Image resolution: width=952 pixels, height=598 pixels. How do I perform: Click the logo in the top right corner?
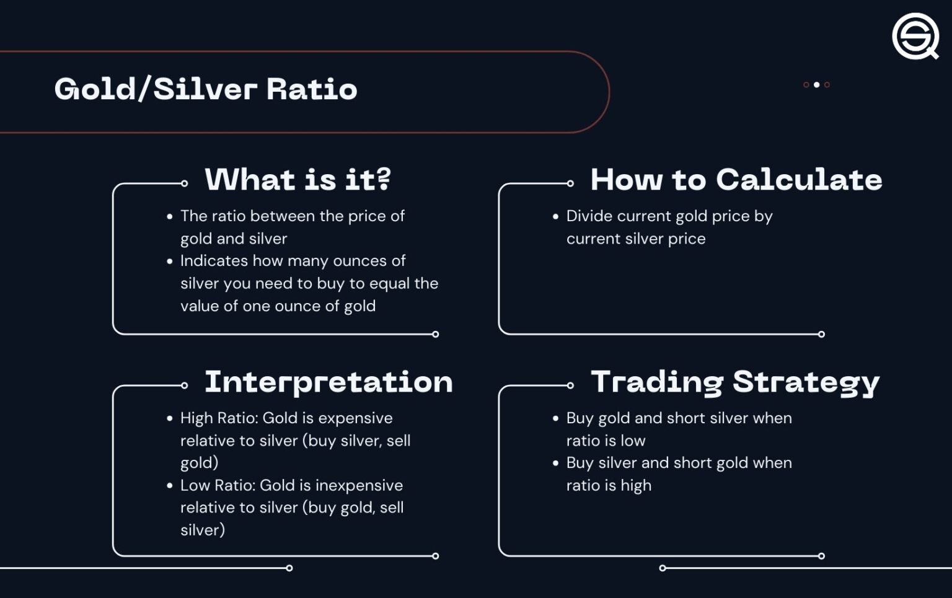pyautogui.click(x=915, y=37)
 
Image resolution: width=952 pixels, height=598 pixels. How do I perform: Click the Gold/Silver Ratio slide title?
pyautogui.click(x=206, y=89)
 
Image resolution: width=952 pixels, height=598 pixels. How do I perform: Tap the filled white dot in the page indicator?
pyautogui.click(x=816, y=85)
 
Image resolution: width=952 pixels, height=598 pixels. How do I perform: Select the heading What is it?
pyautogui.click(x=297, y=180)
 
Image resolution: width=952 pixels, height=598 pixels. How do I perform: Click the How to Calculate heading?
pyautogui.click(x=736, y=180)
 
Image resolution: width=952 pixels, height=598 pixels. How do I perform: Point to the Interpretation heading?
pyautogui.click(x=328, y=382)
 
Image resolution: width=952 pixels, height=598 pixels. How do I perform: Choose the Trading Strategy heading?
pyautogui.click(x=735, y=382)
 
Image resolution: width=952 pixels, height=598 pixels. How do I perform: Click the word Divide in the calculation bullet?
pyautogui.click(x=589, y=216)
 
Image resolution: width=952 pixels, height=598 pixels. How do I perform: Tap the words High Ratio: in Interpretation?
pyautogui.click(x=219, y=418)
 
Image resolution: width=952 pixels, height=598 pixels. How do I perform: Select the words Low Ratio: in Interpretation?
pyautogui.click(x=218, y=485)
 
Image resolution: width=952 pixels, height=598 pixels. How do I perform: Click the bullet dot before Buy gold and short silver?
pyautogui.click(x=555, y=419)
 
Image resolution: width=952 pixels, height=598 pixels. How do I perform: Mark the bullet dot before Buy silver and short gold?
pyautogui.click(x=555, y=464)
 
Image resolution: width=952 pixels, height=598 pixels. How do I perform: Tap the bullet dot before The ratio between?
pyautogui.click(x=170, y=217)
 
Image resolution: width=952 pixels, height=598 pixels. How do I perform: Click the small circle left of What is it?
pyautogui.click(x=184, y=183)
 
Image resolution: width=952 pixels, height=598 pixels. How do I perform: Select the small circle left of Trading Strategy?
pyautogui.click(x=570, y=385)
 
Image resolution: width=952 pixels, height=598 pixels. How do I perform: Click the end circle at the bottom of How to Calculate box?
pyautogui.click(x=821, y=335)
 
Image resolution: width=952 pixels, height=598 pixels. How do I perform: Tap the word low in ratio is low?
pyautogui.click(x=633, y=441)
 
